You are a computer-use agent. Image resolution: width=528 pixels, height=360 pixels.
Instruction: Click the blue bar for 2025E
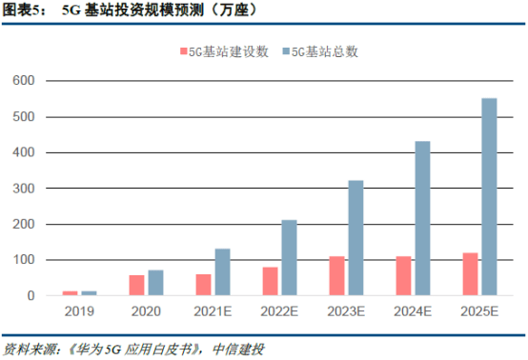[x=488, y=197]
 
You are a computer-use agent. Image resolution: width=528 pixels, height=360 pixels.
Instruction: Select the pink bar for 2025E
[x=471, y=274]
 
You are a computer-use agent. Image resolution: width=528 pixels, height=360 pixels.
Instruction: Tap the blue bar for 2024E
[x=421, y=218]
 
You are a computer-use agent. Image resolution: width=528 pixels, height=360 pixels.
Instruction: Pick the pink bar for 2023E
[x=336, y=276]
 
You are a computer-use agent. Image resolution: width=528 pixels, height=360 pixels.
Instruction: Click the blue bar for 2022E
[x=288, y=258]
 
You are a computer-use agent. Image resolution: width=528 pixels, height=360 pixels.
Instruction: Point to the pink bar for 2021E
[x=204, y=285]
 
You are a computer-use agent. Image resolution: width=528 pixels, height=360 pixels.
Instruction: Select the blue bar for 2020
[x=154, y=283]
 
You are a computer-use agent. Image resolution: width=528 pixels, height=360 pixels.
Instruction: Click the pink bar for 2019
[x=71, y=293]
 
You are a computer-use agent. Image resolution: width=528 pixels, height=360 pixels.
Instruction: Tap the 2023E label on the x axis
[x=346, y=311]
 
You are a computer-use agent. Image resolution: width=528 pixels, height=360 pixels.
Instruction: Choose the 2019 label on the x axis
[x=79, y=311]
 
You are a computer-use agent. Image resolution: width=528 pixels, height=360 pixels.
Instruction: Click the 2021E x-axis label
[x=212, y=311]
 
